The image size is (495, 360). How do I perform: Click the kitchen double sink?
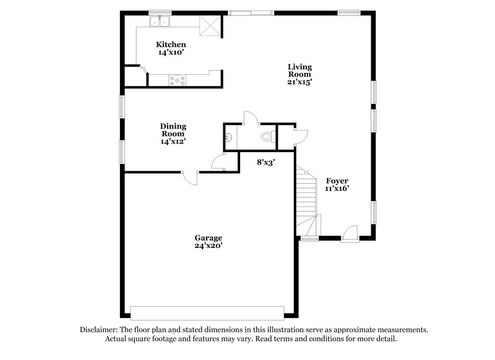click(161, 23)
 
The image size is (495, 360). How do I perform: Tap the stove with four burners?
click(179, 79)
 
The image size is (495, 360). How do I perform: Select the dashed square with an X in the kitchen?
click(209, 26)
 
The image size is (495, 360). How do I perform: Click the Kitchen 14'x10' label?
click(171, 48)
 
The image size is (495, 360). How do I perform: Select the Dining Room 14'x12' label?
click(173, 134)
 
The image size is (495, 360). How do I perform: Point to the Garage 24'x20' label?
click(208, 242)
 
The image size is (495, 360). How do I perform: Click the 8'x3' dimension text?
click(266, 162)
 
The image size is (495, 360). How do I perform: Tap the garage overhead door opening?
click(207, 311)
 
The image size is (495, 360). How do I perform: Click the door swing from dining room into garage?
click(190, 178)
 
